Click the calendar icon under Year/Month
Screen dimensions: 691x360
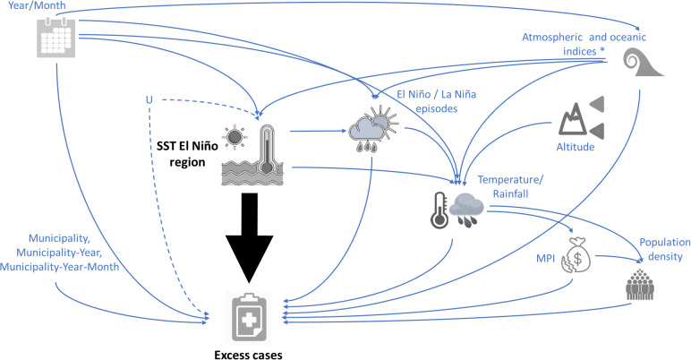56,38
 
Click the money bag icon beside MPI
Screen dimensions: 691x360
576,255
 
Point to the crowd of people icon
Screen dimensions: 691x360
640,285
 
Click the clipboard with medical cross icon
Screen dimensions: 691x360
249,318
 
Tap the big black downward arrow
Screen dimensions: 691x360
249,237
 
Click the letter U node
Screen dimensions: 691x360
149,100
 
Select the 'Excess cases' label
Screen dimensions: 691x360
249,355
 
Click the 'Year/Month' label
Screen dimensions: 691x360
37,5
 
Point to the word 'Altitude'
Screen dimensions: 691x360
576,147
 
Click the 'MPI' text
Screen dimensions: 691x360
546,259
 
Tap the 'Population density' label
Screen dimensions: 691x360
665,249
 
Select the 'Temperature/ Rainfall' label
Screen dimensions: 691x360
511,186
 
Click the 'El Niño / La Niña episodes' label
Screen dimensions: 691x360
436,101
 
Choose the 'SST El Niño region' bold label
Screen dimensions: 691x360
187,153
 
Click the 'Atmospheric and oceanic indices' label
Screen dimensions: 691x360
584,44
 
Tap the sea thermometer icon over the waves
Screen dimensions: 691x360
252,155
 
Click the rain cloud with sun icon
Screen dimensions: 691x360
373,129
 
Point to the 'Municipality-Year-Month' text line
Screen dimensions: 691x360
59,267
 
